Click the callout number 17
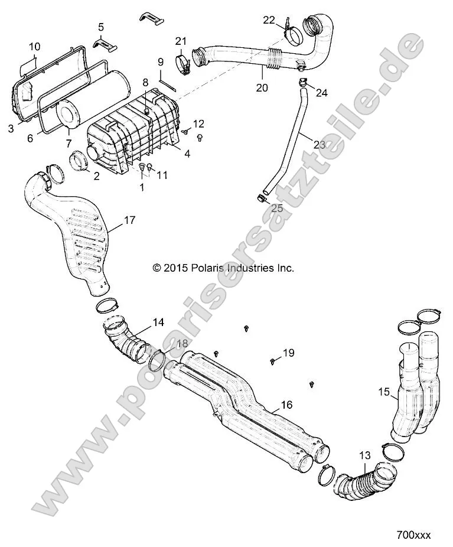tap(129, 220)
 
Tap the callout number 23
tap(302, 144)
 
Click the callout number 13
tap(364, 455)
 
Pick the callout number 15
tap(383, 391)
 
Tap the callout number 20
tap(262, 88)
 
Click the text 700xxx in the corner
tap(413, 535)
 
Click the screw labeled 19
tap(272, 360)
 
